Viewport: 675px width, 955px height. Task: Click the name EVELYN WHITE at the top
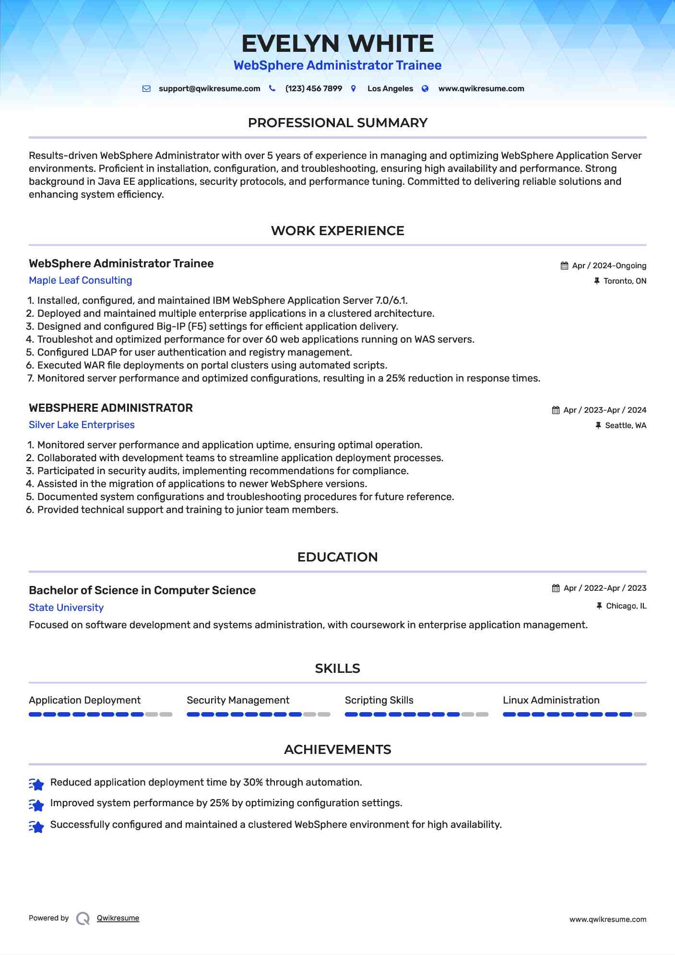[x=337, y=44]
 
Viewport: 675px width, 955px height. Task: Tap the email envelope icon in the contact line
[x=147, y=89]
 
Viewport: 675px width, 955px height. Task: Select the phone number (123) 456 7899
[x=313, y=89]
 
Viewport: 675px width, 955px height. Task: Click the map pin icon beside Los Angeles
[x=354, y=89]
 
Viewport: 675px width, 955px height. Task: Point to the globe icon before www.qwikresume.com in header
[x=425, y=89]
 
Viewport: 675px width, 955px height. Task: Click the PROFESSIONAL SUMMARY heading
[x=337, y=123]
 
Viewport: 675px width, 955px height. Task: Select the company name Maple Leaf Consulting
[x=80, y=280]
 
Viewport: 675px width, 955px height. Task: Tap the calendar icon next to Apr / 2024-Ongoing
[x=564, y=266]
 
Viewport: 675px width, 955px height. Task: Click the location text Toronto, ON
[x=625, y=281]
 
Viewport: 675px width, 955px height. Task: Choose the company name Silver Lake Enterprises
[x=82, y=425]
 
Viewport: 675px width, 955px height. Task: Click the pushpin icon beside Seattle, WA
[x=598, y=426]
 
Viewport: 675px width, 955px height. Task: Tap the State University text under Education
[x=66, y=608]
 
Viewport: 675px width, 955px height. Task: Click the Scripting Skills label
[x=379, y=700]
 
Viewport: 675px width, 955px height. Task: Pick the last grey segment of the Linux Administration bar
[x=640, y=715]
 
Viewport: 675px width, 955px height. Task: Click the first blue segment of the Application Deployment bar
[x=35, y=715]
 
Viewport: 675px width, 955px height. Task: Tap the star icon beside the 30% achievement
[x=36, y=784]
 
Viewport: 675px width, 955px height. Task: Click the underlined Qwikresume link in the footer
[x=118, y=918]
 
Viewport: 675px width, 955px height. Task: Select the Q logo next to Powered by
[x=83, y=919]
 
